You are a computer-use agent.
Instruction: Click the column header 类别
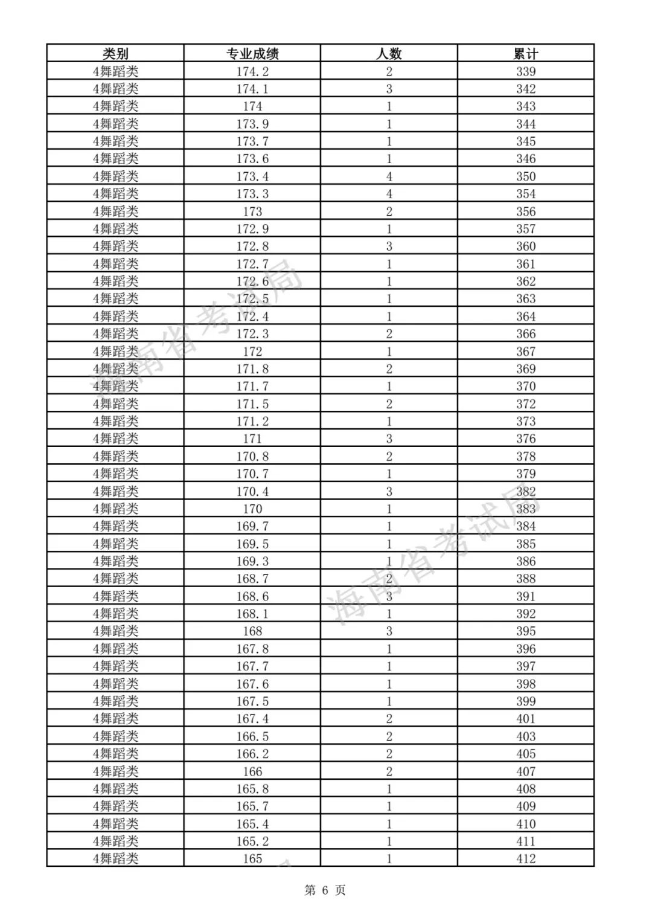pyautogui.click(x=115, y=54)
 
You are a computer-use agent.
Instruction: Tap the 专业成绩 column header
pyautogui.click(x=252, y=54)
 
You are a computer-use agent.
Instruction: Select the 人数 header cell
pyautogui.click(x=389, y=54)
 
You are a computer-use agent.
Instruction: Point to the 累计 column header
pyautogui.click(x=525, y=54)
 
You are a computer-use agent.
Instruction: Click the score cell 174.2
pyautogui.click(x=252, y=71)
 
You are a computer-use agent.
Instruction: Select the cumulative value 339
pyautogui.click(x=525, y=71)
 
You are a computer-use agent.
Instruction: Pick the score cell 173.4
pyautogui.click(x=252, y=176)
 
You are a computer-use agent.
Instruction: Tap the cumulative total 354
pyautogui.click(x=525, y=194)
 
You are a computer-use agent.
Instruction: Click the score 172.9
pyautogui.click(x=252, y=229)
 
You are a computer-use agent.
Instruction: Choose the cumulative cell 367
pyautogui.click(x=525, y=352)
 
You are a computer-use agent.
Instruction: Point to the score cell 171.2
pyautogui.click(x=252, y=421)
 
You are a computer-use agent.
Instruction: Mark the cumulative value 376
pyautogui.click(x=525, y=439)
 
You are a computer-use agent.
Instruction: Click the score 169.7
pyautogui.click(x=252, y=526)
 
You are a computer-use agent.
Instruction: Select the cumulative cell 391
pyautogui.click(x=525, y=596)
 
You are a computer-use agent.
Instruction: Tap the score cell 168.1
pyautogui.click(x=252, y=614)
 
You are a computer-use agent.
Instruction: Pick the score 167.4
pyautogui.click(x=252, y=719)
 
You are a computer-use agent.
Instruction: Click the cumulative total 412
pyautogui.click(x=525, y=858)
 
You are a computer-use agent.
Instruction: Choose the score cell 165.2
pyautogui.click(x=252, y=841)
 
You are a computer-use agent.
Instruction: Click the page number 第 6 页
pyautogui.click(x=325, y=890)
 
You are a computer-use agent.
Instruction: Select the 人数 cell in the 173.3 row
pyautogui.click(x=389, y=194)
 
